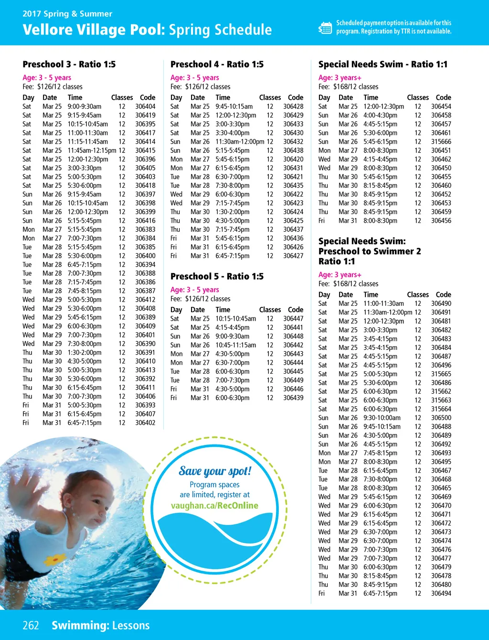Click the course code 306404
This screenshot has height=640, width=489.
[145, 107]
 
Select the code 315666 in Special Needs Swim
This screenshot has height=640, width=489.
[441, 141]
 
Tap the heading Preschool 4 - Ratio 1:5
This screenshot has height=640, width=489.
[217, 65]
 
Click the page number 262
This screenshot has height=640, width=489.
[31, 625]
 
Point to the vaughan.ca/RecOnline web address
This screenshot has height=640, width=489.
[214, 506]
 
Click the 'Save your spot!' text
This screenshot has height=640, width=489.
[215, 471]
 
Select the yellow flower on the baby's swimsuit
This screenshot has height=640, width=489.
[56, 557]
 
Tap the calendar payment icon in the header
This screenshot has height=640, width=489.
[325, 28]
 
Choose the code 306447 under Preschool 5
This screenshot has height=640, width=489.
[293, 319]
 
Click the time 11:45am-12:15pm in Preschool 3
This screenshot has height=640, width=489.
[92, 151]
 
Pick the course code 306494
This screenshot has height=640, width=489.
[441, 594]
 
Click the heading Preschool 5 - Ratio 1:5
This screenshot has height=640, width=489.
[217, 277]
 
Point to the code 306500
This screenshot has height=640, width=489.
[441, 418]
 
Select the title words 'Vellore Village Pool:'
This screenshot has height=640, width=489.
[94, 30]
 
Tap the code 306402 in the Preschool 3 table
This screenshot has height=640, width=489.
[145, 423]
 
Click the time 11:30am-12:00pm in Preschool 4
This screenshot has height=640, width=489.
[240, 141]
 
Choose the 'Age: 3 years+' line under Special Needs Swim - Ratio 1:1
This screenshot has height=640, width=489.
[340, 78]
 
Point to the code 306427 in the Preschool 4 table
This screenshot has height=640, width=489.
[293, 256]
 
